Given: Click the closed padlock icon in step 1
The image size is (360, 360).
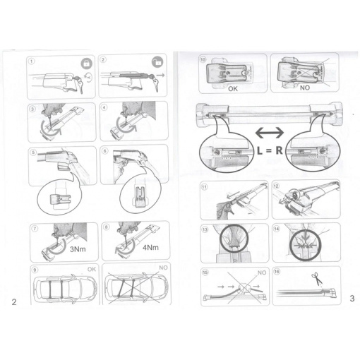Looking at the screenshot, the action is [x=87, y=64].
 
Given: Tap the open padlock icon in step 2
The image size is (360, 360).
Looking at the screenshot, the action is [x=157, y=62].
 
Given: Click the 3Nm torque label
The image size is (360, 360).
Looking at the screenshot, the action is [x=78, y=249].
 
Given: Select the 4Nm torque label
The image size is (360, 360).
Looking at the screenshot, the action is [x=150, y=247].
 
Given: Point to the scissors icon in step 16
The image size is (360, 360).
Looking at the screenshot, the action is [x=317, y=278].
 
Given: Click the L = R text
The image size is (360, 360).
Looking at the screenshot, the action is [x=270, y=150].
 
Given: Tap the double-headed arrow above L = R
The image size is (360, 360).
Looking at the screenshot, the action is [x=270, y=133].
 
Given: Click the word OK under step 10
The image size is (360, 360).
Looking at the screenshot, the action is [x=233, y=89].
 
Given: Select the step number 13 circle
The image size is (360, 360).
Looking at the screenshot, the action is [x=205, y=229].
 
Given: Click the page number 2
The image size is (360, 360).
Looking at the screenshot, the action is [x=14, y=302].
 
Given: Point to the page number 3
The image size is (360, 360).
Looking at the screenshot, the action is [x=352, y=299].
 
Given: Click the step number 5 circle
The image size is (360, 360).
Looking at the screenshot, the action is [x=33, y=152].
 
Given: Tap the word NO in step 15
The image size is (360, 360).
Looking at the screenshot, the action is [x=262, y=272].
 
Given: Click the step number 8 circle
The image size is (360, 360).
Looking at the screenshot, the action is [x=107, y=227].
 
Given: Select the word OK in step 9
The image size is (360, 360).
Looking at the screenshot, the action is [x=92, y=269].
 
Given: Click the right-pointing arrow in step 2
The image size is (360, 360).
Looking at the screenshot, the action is [x=161, y=76].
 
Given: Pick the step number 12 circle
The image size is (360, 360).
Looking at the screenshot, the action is [x=276, y=186].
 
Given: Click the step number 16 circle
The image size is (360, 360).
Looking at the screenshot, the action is [x=277, y=272].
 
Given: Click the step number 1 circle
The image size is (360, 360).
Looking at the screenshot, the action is [x=32, y=61].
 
